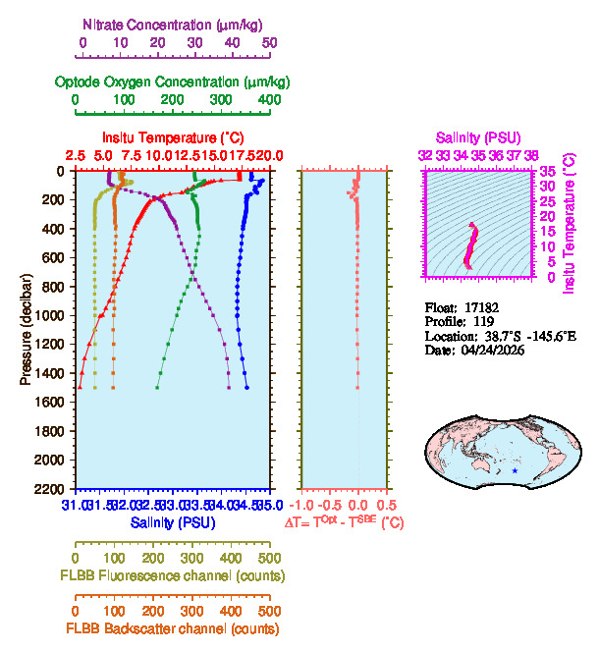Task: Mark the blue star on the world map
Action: click(516, 472)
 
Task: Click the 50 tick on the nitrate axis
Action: click(270, 43)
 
